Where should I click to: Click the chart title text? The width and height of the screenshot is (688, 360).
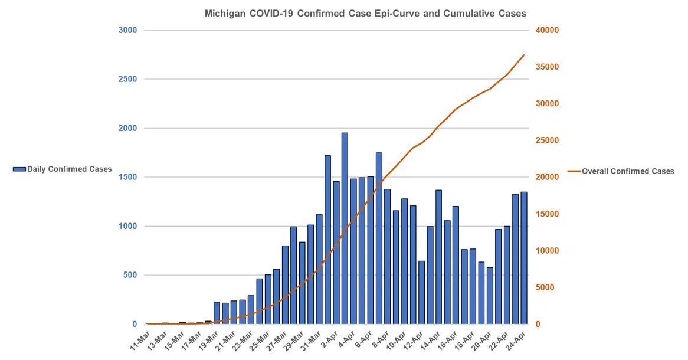coord(365,13)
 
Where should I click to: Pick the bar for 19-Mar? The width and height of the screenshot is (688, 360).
coord(217,313)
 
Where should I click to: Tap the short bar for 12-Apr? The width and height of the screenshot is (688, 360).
coord(422,293)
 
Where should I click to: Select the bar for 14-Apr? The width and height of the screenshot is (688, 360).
coord(438,257)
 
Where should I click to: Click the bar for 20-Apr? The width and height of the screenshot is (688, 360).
coord(490,296)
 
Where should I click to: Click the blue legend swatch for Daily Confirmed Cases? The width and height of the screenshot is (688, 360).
coord(19,169)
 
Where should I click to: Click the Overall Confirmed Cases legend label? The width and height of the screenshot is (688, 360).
coord(628,171)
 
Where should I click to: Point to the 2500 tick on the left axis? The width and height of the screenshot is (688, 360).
coord(128,79)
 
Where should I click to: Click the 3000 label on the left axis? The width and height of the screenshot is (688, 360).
coord(128,30)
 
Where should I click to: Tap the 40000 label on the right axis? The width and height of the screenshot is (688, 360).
coord(547,30)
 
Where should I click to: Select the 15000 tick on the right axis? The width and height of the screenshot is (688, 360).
coord(547,214)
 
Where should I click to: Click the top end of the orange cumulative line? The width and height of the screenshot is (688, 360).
coord(524,55)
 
